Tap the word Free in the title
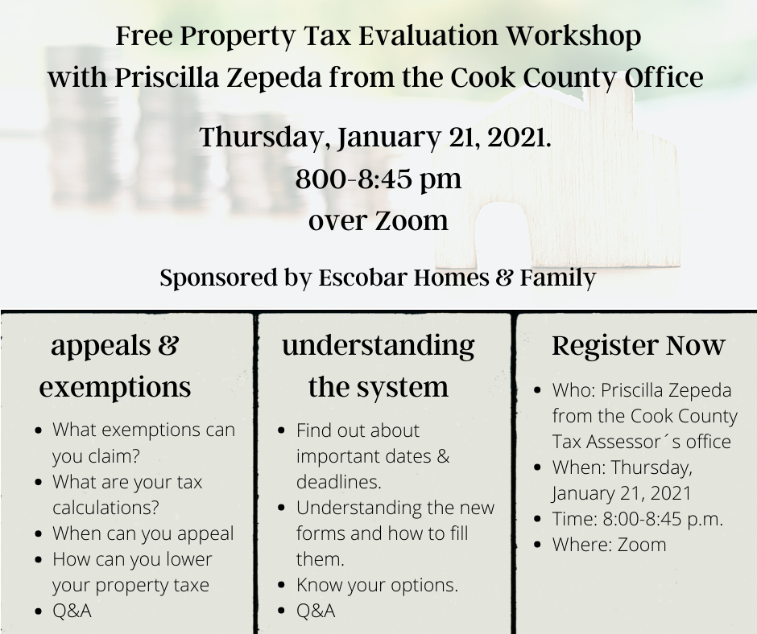(145, 35)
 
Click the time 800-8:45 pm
(378, 179)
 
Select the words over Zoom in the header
(378, 220)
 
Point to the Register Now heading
(639, 346)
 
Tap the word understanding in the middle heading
(378, 346)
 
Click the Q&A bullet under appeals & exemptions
(72, 611)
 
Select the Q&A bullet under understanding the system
(316, 611)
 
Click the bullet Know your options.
(377, 585)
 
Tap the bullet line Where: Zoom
(610, 545)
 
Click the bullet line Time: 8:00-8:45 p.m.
(638, 519)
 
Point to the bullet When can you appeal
(143, 533)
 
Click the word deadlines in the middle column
(339, 482)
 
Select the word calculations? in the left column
(105, 508)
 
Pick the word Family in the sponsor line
(557, 278)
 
